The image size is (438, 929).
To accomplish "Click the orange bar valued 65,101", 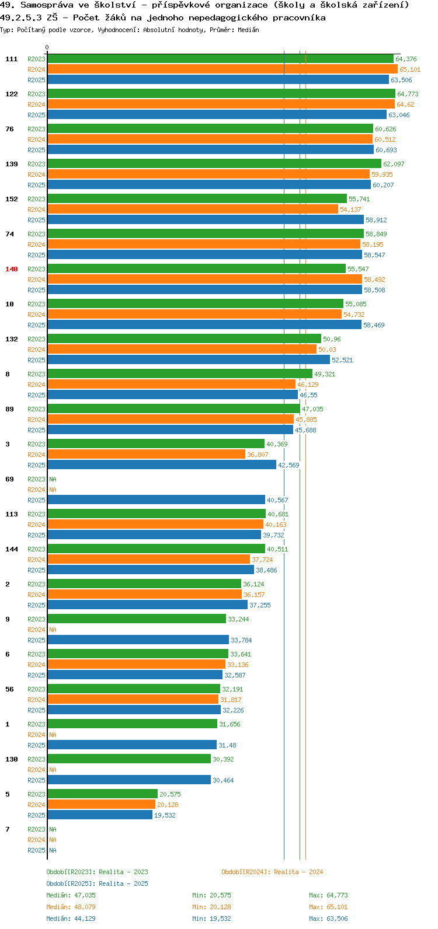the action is coord(223,69).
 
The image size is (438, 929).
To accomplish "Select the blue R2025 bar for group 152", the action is coord(206,220).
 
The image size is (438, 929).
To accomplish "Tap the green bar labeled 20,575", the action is coord(103,794).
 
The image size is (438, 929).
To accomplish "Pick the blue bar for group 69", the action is coord(156,500).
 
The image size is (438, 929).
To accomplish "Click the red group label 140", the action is coord(12,269).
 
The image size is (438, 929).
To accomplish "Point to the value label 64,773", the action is coord(408,94).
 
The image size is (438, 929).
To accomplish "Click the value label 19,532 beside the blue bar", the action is coord(165,815).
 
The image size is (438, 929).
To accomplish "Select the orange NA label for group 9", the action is coord(53,630).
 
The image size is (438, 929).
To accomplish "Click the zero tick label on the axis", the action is coord(47,47).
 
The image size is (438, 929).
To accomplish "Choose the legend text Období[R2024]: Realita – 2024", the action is coord(272,872).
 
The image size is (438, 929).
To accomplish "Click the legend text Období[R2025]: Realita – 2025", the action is coord(97,883).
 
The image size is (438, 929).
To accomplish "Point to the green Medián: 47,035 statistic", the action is coord(71,895).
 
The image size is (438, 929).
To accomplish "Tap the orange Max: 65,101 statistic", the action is coord(328,907).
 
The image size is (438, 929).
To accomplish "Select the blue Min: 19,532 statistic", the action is coord(211,918).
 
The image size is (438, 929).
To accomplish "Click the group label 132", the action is coord(12,339).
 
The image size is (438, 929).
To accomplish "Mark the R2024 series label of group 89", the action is coord(36,420).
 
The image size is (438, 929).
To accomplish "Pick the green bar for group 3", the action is coord(156,443).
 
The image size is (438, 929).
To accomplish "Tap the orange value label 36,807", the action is coord(258,455).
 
